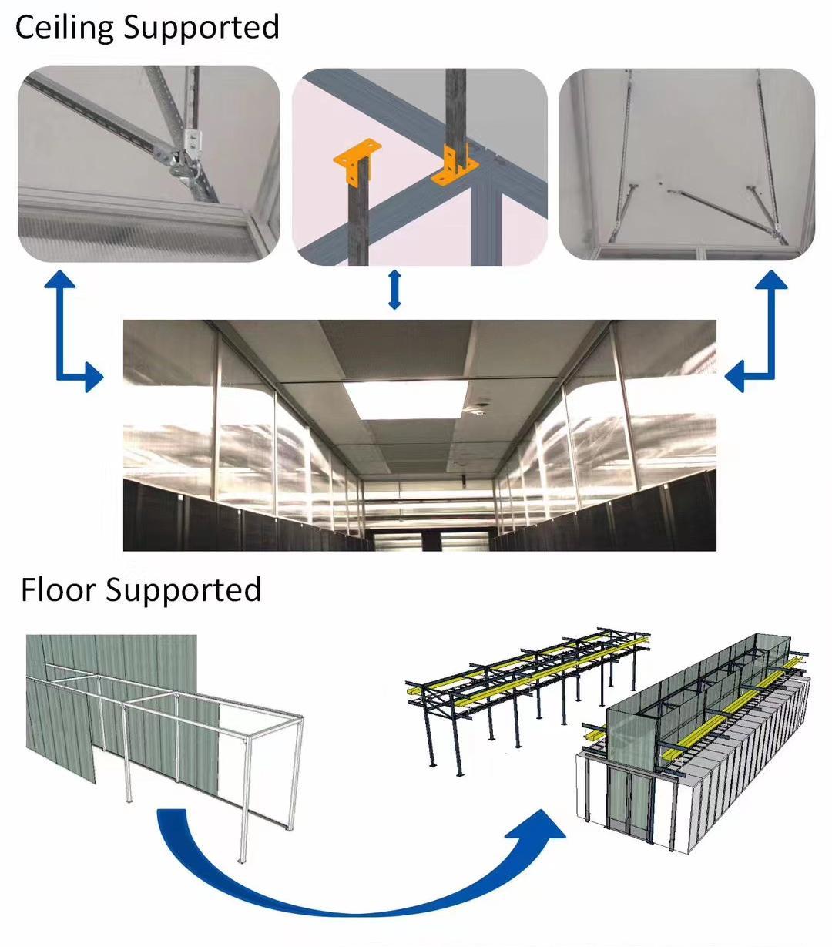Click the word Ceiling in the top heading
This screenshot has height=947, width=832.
65,27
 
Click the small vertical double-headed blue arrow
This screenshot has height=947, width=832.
394,289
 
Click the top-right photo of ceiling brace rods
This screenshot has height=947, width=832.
686,164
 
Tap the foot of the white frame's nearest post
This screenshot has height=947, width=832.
241,861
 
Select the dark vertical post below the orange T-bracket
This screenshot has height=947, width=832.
359,220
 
